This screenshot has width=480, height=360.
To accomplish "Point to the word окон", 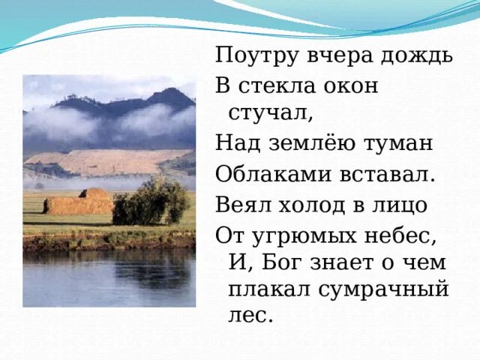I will (x=352, y=85).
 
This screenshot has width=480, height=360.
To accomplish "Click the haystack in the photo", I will (x=79, y=203).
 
